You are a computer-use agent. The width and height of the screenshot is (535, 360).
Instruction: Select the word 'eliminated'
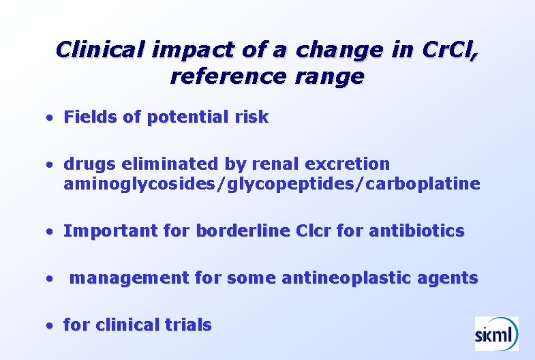coord(155,164)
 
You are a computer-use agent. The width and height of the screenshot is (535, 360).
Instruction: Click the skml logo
coord(496,333)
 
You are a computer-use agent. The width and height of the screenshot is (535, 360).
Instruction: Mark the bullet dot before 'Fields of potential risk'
coord(50,119)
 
